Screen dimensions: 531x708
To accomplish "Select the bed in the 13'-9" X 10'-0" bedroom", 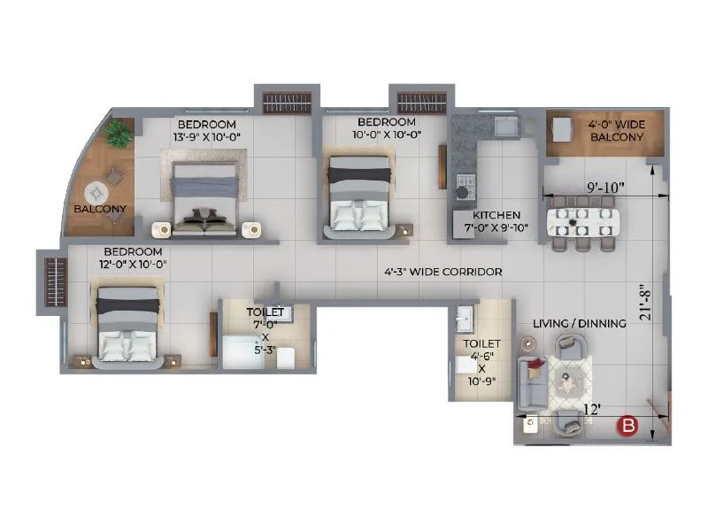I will (x=205, y=199).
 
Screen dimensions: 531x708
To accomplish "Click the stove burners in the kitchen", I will (x=465, y=188).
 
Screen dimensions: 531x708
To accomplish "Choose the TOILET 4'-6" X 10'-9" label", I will (x=481, y=362).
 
